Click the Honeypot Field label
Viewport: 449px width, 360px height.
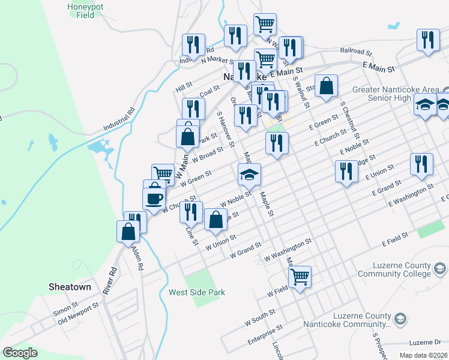click(85, 11)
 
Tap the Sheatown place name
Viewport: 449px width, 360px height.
click(70, 287)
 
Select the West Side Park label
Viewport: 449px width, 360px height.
click(197, 292)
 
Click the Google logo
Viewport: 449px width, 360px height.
click(20, 353)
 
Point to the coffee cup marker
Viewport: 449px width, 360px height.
click(154, 197)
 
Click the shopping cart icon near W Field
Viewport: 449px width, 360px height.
click(300, 277)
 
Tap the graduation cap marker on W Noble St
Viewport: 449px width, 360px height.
click(249, 174)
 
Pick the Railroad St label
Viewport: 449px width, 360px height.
click(357, 52)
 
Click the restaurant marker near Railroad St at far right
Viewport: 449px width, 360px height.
click(427, 40)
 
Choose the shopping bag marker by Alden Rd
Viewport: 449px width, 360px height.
click(128, 230)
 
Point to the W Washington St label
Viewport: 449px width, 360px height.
click(288, 250)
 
